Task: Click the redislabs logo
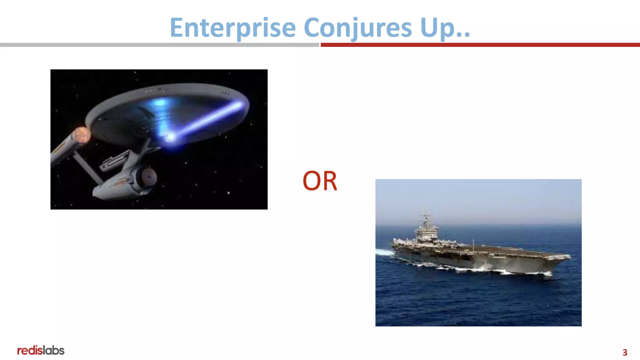[x=41, y=351]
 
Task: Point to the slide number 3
[x=625, y=352]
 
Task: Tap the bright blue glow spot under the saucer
[x=170, y=137]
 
